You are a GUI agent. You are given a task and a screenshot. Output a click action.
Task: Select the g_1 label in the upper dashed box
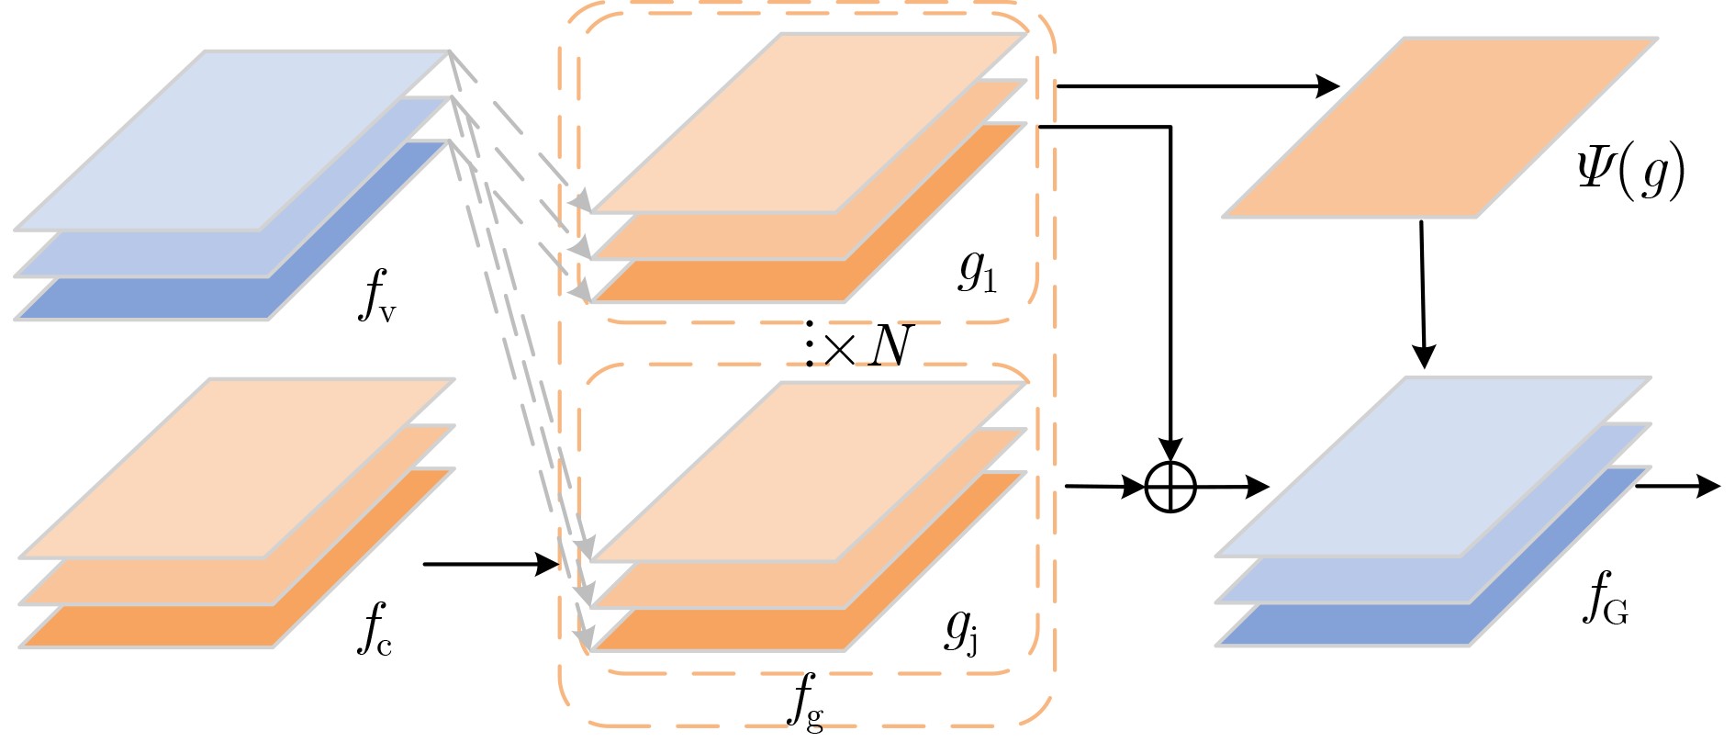pyautogui.click(x=977, y=271)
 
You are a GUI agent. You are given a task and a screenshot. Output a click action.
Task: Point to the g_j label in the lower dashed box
pyautogui.click(x=962, y=630)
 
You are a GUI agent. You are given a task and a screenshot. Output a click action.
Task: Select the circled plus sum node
pyautogui.click(x=1170, y=487)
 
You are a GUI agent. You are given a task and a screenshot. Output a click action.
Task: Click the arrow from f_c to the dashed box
pyautogui.click(x=491, y=564)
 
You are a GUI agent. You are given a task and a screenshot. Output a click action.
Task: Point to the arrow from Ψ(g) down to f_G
pyautogui.click(x=1423, y=294)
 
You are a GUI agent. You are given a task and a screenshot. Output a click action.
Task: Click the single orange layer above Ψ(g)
pyautogui.click(x=1439, y=128)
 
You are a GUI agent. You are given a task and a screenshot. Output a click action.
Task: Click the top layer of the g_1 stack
pyautogui.click(x=808, y=123)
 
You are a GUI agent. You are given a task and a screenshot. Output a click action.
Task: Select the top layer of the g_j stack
pyautogui.click(x=808, y=471)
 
